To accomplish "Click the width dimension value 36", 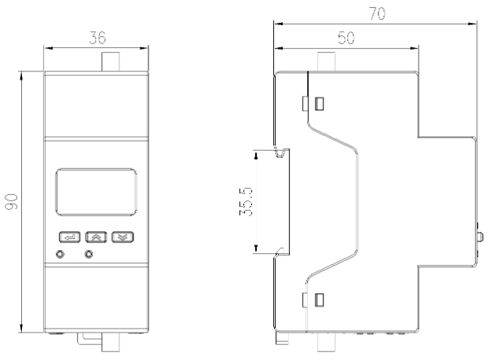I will tap(97, 38).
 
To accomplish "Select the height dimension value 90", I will tap(16, 202).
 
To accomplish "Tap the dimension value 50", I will tap(346, 38).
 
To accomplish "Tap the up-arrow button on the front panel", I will tap(93, 235).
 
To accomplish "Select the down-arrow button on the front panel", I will tap(121, 235).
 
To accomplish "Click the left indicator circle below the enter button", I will tap(60, 253).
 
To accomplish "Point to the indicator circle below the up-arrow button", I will tap(89, 253).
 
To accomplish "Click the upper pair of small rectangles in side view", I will tap(313, 103).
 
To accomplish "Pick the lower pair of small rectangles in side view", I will tap(313, 299).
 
